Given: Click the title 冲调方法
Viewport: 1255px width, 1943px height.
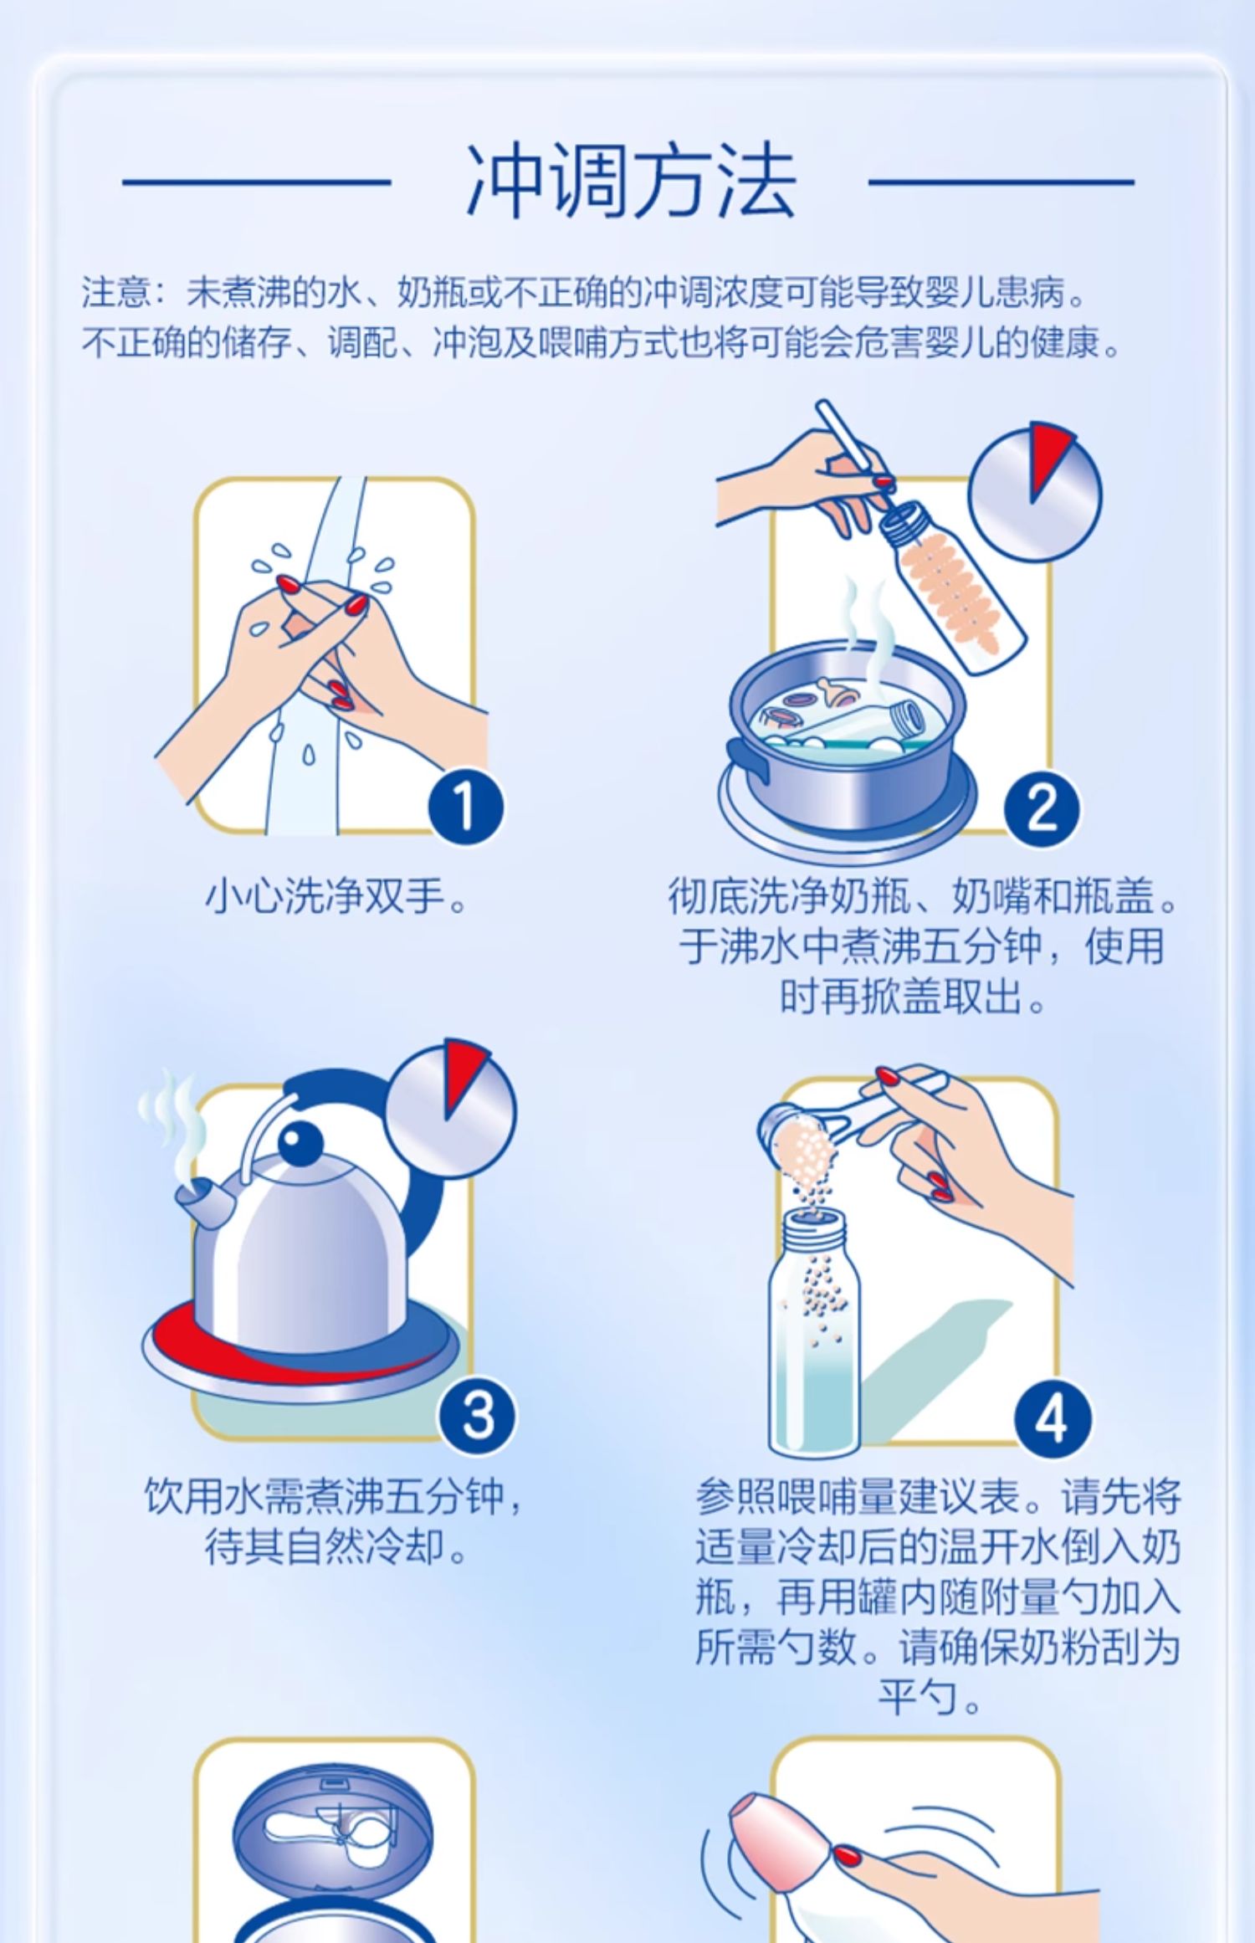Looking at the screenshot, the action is coord(629,181).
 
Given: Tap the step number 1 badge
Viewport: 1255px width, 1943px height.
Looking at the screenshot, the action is coord(465,808).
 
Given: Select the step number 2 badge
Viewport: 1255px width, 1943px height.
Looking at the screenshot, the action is coord(1042,808).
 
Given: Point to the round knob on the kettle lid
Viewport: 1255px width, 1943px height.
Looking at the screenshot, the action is coord(299,1142).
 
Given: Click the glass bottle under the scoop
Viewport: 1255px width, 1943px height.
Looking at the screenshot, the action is coord(814,1334).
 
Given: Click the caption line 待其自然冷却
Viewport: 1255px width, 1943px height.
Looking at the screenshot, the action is coord(336,1550).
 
